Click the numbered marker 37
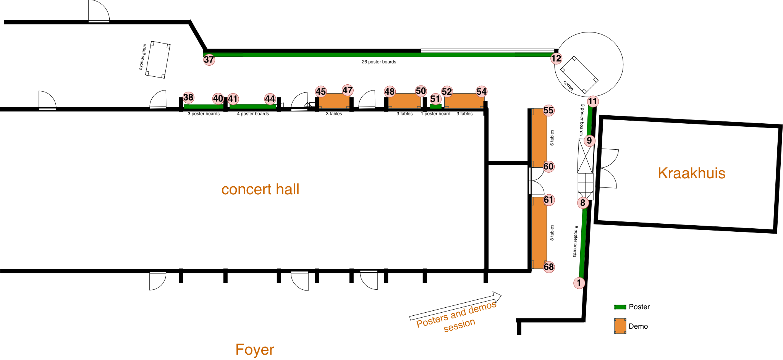209,60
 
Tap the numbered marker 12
556,58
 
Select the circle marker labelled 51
435,99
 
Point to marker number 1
579,283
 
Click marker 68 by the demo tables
549,267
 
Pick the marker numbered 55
548,110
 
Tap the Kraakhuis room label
691,173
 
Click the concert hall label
260,189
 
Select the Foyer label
255,350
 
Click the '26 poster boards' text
379,62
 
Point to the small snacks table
158,60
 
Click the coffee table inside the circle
579,75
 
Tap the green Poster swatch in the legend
620,307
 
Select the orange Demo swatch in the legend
620,326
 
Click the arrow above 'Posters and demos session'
455,306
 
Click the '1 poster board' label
435,114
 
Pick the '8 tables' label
552,232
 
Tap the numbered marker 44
270,99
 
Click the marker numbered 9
589,140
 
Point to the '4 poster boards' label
253,114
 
